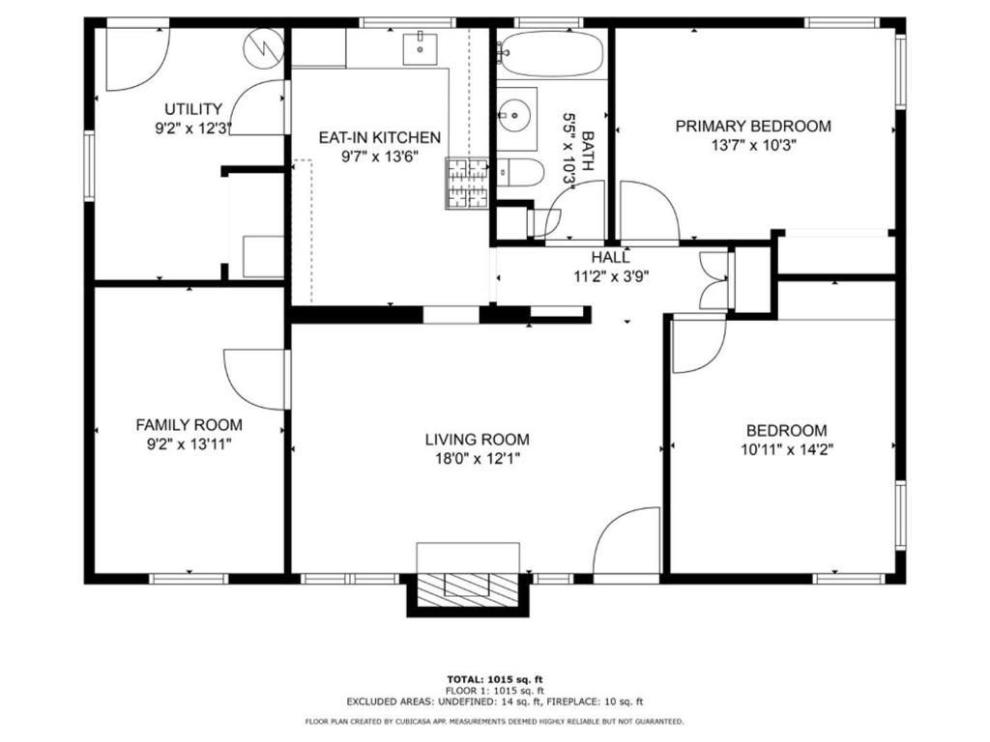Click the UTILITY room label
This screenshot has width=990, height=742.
(x=193, y=108)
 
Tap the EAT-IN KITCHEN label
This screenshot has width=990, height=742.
(x=379, y=137)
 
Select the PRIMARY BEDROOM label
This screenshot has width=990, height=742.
(x=753, y=127)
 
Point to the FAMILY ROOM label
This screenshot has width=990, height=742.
(x=189, y=425)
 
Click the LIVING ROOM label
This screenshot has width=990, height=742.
(x=478, y=440)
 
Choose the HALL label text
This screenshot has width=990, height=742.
(x=611, y=257)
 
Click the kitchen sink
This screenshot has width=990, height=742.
(x=420, y=49)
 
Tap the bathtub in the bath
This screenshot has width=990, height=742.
(x=550, y=54)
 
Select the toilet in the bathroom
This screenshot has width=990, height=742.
(x=519, y=172)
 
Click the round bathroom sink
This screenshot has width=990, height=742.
(x=516, y=117)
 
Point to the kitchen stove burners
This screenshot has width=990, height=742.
(x=467, y=183)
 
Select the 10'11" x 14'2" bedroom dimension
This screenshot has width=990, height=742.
(x=787, y=450)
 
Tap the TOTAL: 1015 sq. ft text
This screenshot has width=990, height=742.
(x=495, y=679)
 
